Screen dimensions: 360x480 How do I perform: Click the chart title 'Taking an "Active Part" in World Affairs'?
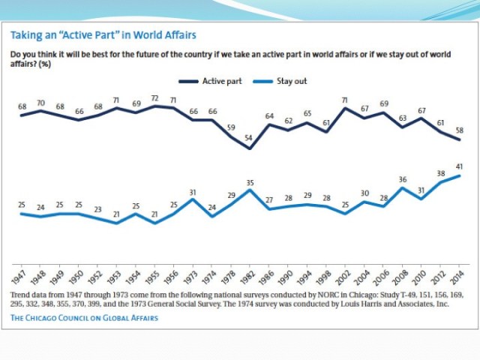(103, 35)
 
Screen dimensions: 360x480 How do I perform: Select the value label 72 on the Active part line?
(155, 98)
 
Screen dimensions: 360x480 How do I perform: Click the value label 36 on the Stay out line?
(402, 179)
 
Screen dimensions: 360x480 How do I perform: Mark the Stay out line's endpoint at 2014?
(458, 176)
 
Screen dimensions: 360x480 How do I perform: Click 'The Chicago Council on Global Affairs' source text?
(84, 318)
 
